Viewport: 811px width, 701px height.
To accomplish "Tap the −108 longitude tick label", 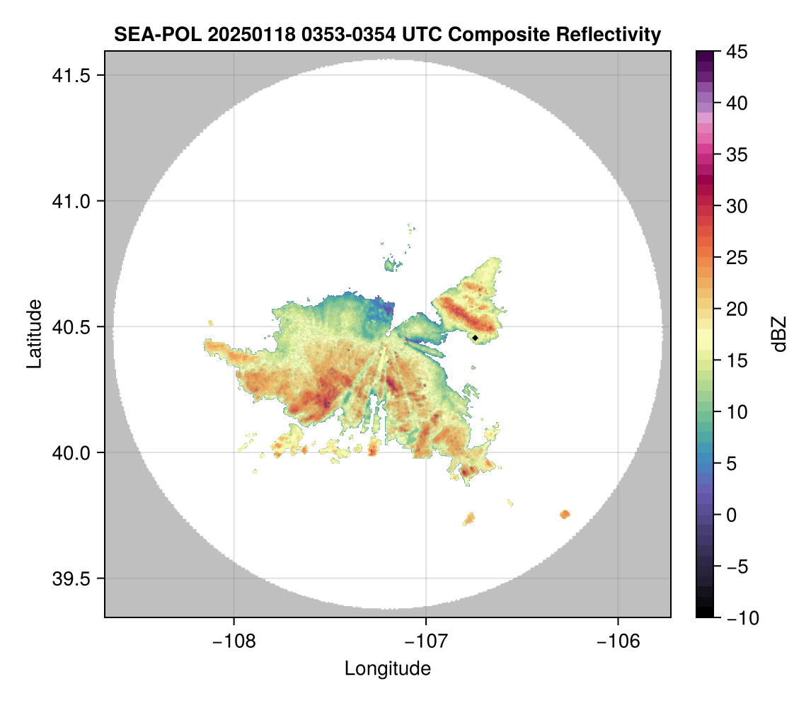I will pos(234,641).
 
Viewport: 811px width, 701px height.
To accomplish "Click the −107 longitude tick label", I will pos(426,641).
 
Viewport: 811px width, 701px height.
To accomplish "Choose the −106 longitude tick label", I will pos(619,641).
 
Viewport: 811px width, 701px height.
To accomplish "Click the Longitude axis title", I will pos(388,668).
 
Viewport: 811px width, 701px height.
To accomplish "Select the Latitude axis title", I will pos(34,334).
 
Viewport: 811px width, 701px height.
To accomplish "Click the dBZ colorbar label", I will pos(779,334).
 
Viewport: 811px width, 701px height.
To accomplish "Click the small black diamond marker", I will pos(476,338).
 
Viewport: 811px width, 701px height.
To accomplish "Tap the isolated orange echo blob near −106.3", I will pos(565,514).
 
